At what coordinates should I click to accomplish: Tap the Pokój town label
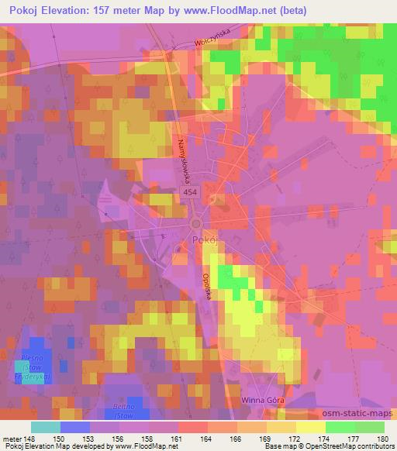[200, 241]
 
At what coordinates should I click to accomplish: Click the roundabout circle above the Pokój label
[197, 224]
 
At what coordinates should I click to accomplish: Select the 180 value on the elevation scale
[383, 438]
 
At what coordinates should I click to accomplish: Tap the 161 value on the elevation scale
[178, 438]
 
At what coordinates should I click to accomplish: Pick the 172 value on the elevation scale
[296, 438]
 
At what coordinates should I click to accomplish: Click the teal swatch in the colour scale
[45, 427]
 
